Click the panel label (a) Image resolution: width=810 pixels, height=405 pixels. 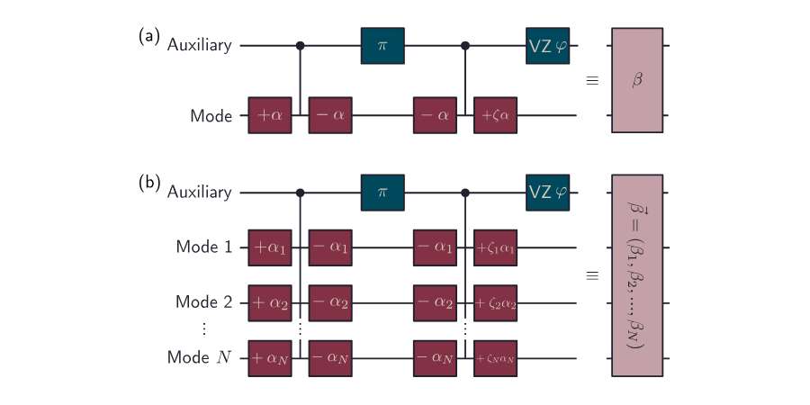coord(148,37)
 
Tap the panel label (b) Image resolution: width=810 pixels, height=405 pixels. coord(148,184)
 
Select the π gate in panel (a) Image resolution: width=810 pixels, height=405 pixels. coord(382,44)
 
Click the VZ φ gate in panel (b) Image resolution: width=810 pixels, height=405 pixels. coord(548,192)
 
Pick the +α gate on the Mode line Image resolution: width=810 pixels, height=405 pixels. coord(271,116)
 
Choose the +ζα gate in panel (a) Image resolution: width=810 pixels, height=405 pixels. coord(496,116)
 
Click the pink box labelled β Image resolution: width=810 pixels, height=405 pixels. coord(637,81)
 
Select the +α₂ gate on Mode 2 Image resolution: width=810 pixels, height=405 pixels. coord(271,302)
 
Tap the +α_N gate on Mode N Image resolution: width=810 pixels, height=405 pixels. coord(271,357)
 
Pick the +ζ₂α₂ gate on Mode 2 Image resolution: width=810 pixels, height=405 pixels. coord(496,302)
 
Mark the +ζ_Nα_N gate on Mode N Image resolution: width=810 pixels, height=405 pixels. coord(496,357)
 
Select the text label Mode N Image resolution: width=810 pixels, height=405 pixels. coord(200,357)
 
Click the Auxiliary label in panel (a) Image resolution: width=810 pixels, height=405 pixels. coord(199,44)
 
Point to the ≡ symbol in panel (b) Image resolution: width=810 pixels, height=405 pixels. coord(592,274)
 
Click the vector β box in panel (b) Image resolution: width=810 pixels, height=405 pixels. coord(637,274)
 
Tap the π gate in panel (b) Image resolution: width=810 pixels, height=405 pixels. coord(382,192)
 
